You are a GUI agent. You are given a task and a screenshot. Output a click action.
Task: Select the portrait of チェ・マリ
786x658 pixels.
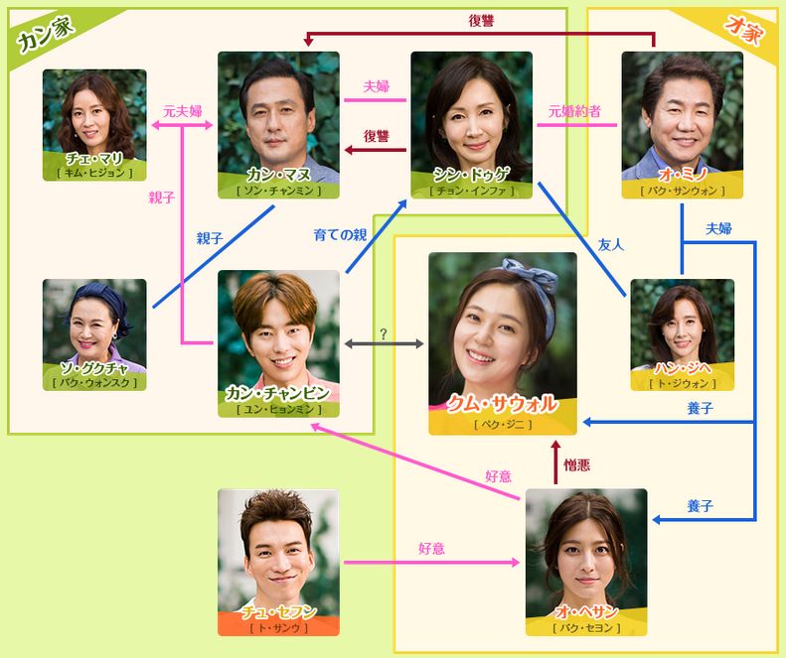pos(94,109)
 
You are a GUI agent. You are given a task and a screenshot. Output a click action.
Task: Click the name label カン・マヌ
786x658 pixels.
pos(278,175)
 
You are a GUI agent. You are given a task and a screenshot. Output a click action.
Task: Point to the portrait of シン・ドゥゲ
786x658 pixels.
pos(471,109)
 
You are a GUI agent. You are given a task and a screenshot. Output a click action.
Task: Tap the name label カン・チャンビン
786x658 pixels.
pos(278,394)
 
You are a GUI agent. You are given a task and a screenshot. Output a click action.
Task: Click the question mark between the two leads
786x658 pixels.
pos(384,331)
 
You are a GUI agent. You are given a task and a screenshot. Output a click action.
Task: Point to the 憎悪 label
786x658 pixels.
pos(578,464)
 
